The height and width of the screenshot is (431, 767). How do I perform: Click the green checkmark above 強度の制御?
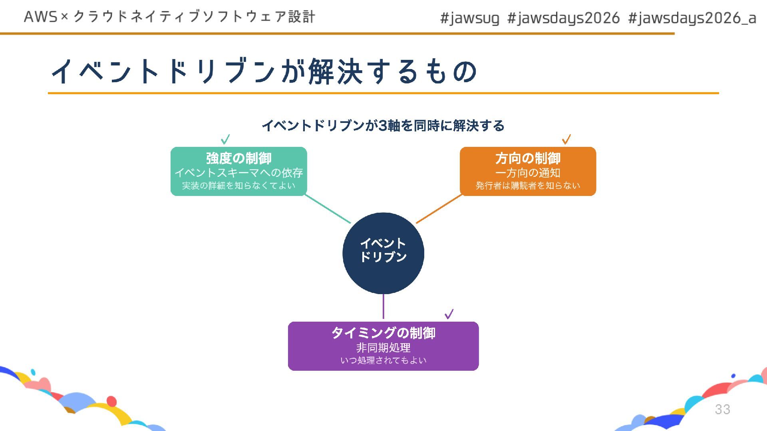(225, 139)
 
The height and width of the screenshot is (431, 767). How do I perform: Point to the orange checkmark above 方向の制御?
(566, 139)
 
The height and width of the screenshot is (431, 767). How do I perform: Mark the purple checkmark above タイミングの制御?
(449, 314)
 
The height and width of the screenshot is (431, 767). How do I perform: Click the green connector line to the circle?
(328, 209)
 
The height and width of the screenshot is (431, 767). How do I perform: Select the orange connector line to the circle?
(439, 209)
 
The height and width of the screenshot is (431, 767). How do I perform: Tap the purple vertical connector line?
(383, 306)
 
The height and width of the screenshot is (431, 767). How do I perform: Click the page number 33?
(722, 409)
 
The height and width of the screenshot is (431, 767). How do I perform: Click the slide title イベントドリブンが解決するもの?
(264, 72)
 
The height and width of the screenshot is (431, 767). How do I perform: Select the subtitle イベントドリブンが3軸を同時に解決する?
(383, 126)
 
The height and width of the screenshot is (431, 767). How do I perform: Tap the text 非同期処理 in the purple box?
(383, 348)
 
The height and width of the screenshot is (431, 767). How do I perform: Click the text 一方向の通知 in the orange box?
(528, 173)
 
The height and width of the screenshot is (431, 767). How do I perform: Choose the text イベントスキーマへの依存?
(238, 173)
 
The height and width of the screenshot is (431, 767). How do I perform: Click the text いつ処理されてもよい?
(383, 360)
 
